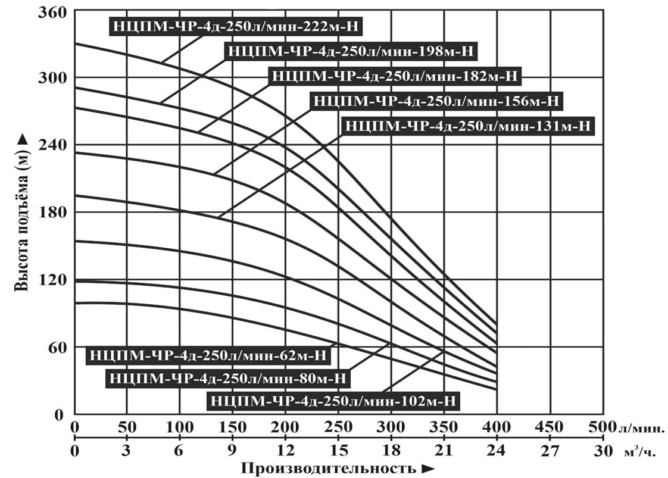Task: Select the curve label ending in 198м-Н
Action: point(351,51)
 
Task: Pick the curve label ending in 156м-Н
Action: point(436,101)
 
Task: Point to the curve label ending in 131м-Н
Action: point(469,126)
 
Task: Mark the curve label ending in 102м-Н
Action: point(333,401)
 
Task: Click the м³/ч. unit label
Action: point(640,452)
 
